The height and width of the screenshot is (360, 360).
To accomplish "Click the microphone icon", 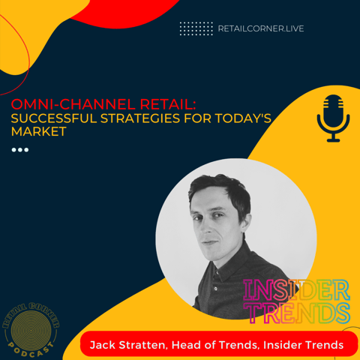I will pos(333,118).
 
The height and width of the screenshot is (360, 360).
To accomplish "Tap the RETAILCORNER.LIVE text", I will pos(260,28).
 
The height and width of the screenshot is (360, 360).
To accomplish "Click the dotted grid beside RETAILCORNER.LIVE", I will pos(196,28).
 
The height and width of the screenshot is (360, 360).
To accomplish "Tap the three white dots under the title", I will pos(20,150).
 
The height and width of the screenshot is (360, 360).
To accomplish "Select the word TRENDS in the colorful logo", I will pos(296,312).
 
